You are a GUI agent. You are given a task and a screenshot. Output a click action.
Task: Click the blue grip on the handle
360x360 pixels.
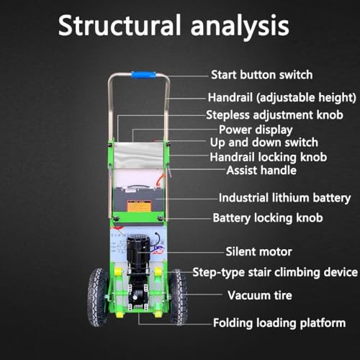pos(143,75)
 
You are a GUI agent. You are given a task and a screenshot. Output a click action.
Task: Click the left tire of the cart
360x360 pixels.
pos(98,297)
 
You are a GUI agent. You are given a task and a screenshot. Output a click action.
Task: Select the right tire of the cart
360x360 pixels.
pos(179,297)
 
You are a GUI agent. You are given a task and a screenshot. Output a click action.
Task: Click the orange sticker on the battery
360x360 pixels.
pos(139,206)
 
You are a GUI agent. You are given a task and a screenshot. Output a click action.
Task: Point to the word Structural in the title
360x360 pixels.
pos(119,25)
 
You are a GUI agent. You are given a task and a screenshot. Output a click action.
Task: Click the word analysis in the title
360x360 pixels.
pos(240,26)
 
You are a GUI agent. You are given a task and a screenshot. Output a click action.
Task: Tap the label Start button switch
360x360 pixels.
pos(262,75)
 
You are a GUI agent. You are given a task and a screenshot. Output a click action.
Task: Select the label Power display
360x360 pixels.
pos(256,130)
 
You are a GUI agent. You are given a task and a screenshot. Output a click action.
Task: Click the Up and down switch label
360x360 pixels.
pos(264,143)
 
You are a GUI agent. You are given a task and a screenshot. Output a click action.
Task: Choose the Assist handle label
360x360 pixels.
pos(261,170)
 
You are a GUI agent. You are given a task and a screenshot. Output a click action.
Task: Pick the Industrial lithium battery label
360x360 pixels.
pos(284,198)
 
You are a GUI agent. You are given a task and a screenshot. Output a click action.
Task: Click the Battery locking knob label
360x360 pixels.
pos(268,218)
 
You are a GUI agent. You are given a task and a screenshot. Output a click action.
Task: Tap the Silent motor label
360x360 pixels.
pos(258,252)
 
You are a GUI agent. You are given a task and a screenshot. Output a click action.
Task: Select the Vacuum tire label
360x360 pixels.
pos(260,295)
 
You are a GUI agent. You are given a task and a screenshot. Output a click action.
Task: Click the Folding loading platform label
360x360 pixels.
pos(279,323)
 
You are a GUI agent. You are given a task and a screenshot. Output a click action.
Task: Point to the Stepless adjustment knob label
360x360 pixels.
pos(274,115)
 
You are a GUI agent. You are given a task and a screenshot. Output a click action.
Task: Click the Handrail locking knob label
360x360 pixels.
pos(269,157)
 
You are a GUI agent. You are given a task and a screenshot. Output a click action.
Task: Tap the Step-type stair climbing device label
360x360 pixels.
pos(275,273)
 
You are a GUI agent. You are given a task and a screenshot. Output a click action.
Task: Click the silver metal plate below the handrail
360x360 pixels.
pos(139,155)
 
